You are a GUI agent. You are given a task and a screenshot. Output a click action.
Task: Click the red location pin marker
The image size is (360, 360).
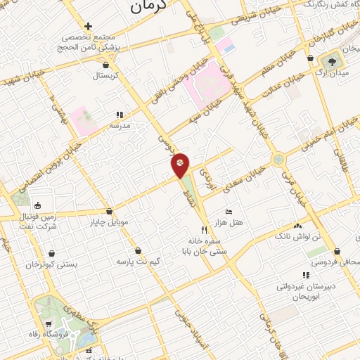(x=180, y=164)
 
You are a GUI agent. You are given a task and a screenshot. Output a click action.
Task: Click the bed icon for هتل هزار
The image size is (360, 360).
(x=229, y=212)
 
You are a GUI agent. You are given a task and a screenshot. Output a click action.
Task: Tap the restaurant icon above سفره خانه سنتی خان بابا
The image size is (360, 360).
(x=205, y=229)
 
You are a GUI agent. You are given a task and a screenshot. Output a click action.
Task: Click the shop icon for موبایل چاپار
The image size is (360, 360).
(x=109, y=212)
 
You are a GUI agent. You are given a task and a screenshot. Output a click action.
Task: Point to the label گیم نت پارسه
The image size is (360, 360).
(x=138, y=261)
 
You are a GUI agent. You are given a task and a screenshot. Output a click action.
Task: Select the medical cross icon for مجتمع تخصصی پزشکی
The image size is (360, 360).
(x=88, y=26)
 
